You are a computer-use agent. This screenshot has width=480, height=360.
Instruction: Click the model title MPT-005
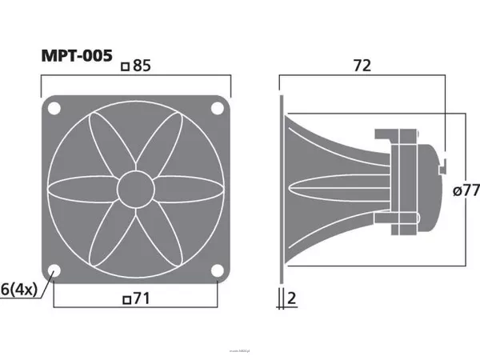[x=77, y=58]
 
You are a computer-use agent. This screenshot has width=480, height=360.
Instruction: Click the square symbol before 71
[x=125, y=301]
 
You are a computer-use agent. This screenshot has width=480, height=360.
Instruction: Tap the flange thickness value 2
[x=292, y=299]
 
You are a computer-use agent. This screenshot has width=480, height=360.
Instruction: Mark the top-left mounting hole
[x=54, y=108]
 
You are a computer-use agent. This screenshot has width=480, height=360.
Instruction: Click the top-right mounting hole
[x=218, y=108]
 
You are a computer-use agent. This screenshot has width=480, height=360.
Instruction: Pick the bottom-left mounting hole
[x=54, y=270]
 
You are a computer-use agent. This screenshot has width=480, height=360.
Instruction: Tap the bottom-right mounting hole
[x=218, y=270]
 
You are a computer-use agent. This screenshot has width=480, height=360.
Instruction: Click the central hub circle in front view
[x=135, y=190]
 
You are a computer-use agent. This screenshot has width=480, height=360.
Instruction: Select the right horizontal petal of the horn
[x=188, y=190]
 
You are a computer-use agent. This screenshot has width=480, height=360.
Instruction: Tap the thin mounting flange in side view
[x=281, y=190]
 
